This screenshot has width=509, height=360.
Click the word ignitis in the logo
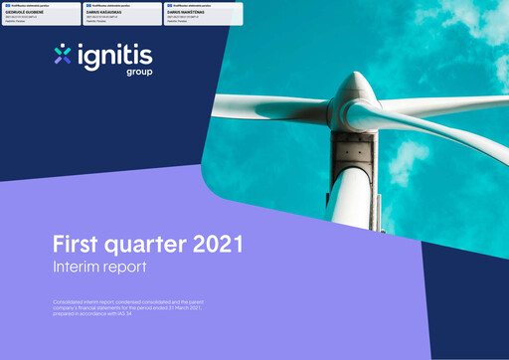point(110,57)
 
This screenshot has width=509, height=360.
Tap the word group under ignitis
point(138,73)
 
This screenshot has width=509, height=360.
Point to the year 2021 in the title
point(214,246)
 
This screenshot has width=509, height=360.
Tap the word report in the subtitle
point(126,269)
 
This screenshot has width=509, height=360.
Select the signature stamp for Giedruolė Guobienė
point(42,12)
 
